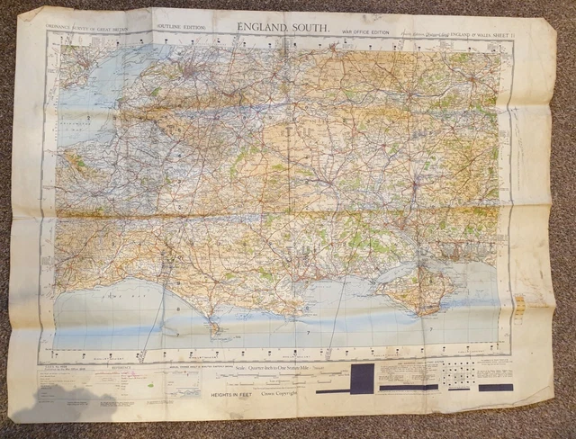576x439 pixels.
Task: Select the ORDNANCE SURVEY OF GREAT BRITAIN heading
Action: point(86,27)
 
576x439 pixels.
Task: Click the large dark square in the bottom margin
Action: point(362,378)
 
